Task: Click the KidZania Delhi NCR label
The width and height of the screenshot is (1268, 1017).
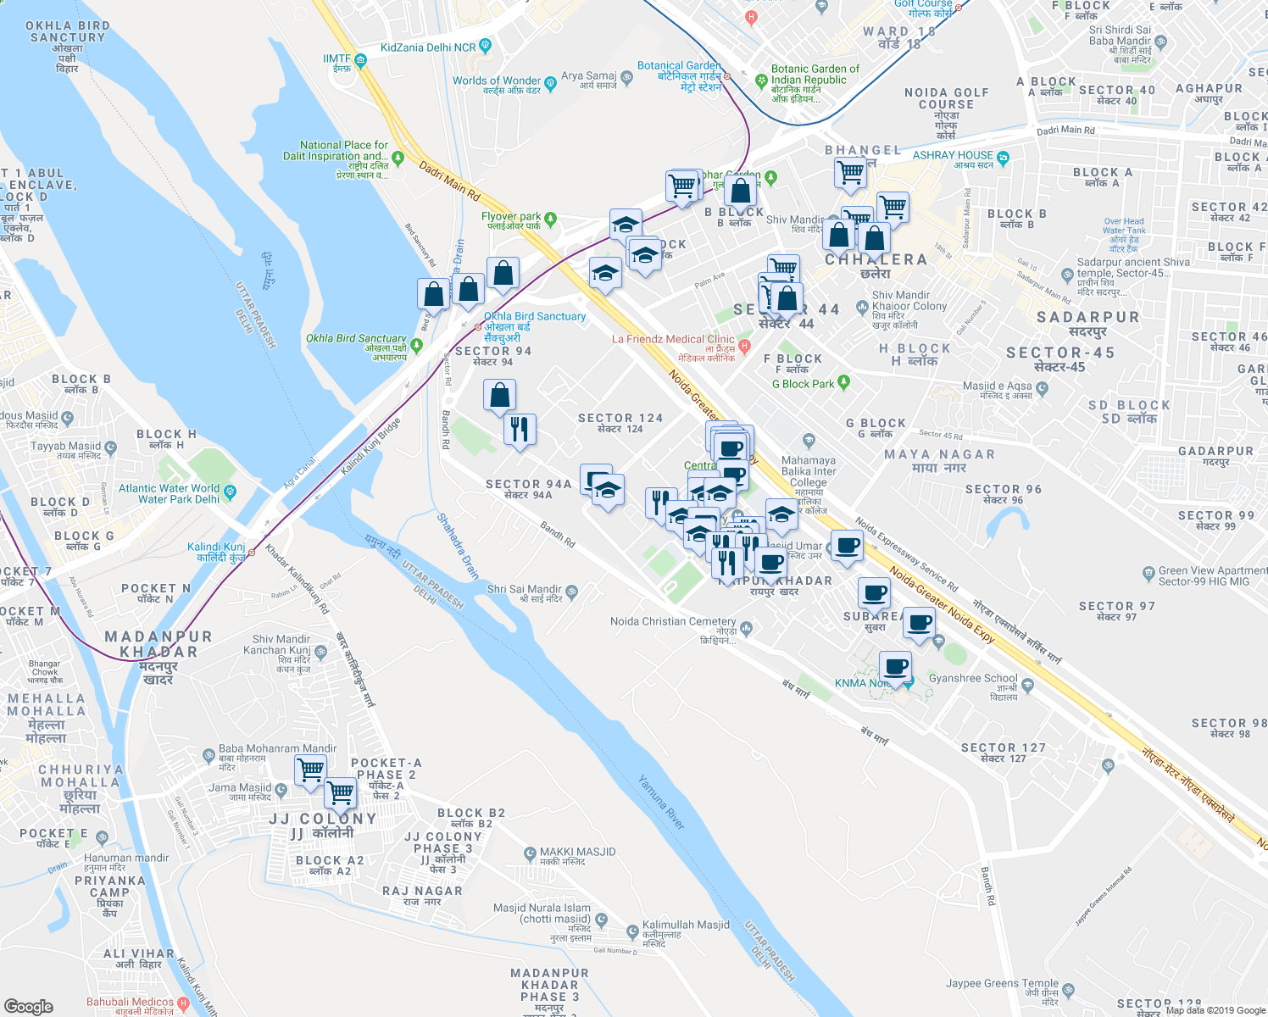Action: (x=428, y=47)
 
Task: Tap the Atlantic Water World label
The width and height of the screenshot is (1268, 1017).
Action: (x=170, y=493)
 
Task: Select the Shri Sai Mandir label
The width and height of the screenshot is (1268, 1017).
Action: (x=524, y=590)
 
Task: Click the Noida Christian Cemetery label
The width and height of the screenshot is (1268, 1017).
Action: (x=673, y=622)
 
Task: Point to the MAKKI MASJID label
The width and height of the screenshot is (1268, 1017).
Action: (x=577, y=853)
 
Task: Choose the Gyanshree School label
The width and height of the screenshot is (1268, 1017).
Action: (x=972, y=679)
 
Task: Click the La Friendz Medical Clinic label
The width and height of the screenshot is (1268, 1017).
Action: (x=673, y=340)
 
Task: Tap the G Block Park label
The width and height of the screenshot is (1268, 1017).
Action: (x=803, y=384)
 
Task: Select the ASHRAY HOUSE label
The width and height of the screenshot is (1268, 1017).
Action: (x=953, y=156)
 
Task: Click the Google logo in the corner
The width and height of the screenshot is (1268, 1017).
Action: (x=28, y=1007)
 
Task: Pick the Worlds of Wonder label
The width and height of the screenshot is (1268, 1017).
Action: (x=497, y=81)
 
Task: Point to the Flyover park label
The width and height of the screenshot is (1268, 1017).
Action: (x=511, y=217)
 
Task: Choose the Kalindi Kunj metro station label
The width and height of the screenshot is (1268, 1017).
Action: (x=216, y=547)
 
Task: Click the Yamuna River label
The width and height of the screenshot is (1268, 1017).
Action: (x=661, y=802)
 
